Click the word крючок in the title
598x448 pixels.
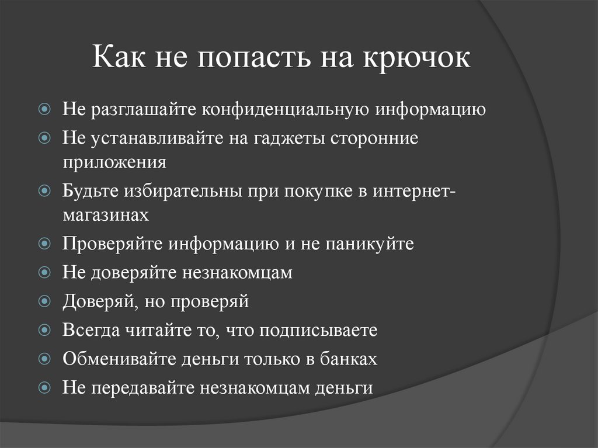416,60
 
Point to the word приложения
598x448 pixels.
115,162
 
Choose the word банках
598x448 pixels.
349,359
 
